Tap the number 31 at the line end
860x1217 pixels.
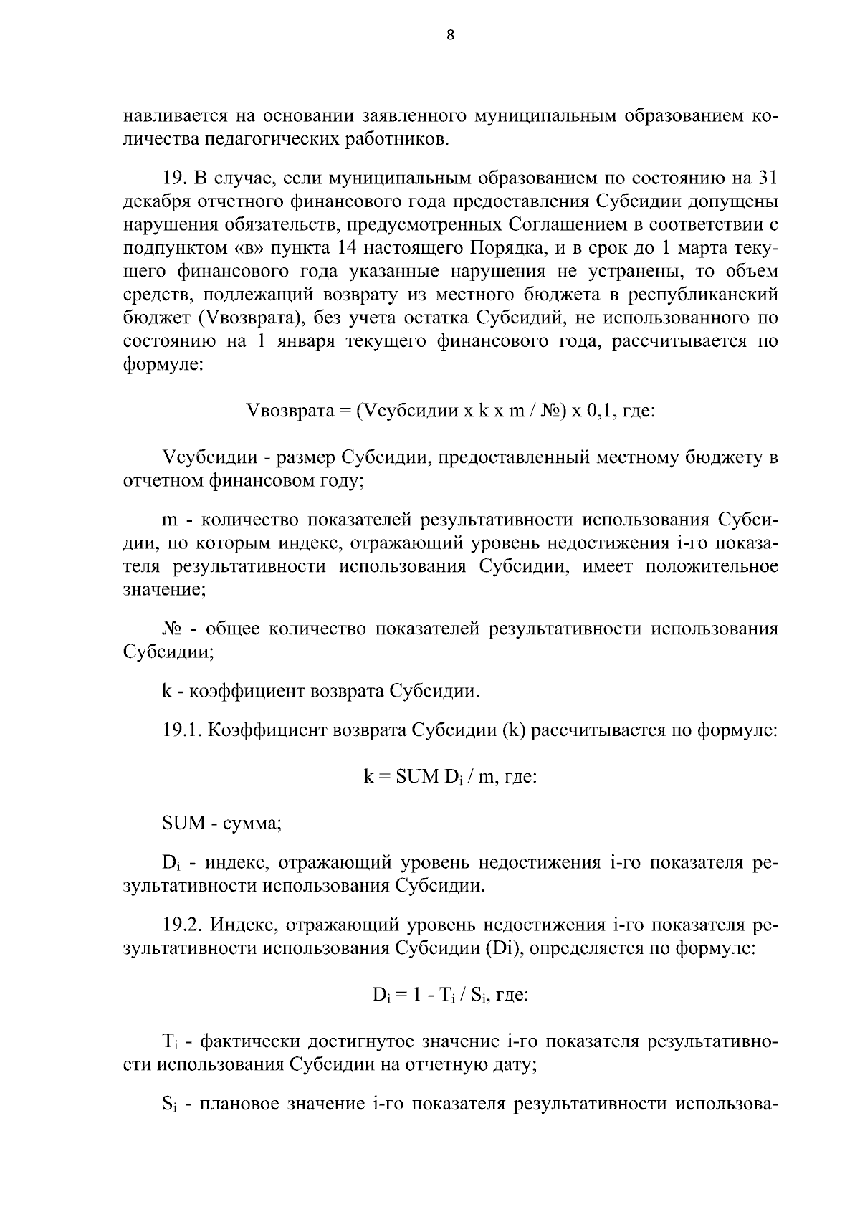[767, 178]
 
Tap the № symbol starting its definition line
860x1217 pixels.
[172, 629]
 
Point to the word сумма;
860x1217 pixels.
[254, 823]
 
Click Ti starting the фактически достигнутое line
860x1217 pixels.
[168, 1042]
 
